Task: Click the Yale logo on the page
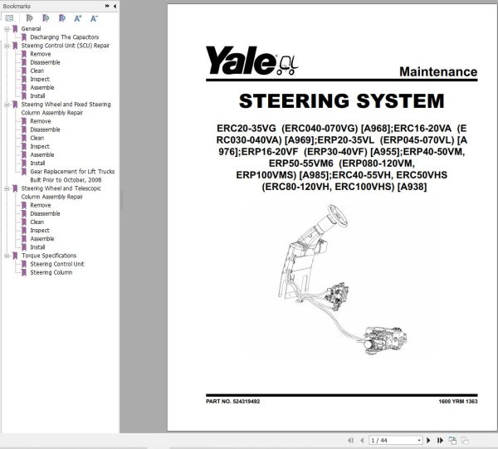coord(251,61)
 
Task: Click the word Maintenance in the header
coord(438,71)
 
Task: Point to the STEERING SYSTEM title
coord(341,100)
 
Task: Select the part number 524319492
coord(247,402)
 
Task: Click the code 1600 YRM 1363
coord(458,402)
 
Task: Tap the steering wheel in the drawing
coord(337,216)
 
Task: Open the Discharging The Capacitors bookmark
coord(65,37)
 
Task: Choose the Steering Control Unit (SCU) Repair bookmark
coord(65,46)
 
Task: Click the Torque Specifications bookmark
coord(49,256)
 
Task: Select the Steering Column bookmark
coord(51,272)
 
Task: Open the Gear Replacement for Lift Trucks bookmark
coord(72,172)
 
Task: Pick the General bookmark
coord(31,28)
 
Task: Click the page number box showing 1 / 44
coord(395,440)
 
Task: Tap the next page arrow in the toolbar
coord(428,440)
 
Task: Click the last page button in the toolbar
coord(440,440)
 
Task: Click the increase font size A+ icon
coord(78,18)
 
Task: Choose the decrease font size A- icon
coord(94,18)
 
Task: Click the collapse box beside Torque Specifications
coord(7,256)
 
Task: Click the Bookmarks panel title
coord(17,6)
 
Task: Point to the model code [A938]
coord(412,187)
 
